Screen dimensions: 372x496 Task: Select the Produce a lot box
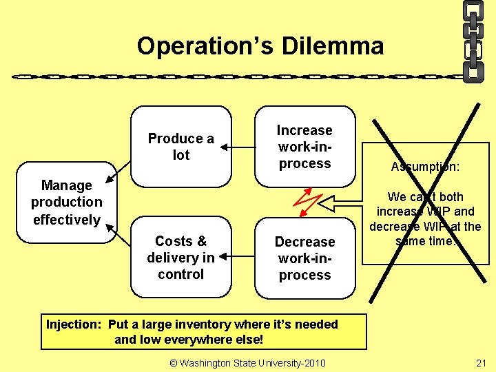pos(180,147)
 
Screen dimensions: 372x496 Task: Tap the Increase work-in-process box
pos(304,147)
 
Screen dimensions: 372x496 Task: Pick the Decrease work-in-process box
pos(304,258)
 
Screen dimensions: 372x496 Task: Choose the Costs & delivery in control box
pos(180,258)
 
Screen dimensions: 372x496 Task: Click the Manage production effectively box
pos(66,203)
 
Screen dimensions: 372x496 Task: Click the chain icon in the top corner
pos(473,41)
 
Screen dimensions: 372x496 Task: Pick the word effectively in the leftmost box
pos(66,220)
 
